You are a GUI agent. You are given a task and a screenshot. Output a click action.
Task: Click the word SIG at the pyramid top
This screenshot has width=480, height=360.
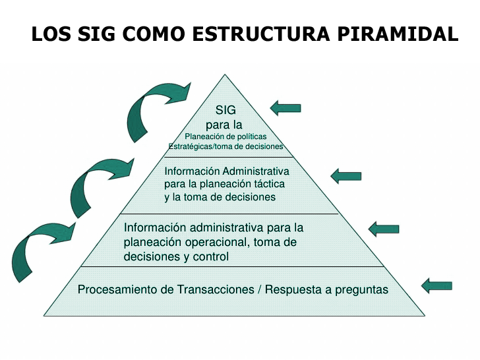pos(225,110)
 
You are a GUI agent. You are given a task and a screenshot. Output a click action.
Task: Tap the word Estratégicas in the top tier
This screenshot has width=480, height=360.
pos(189,146)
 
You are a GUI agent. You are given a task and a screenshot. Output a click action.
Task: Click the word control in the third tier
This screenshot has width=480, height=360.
pos(212,256)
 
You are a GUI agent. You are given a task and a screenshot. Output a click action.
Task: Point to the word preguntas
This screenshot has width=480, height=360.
pos(359,289)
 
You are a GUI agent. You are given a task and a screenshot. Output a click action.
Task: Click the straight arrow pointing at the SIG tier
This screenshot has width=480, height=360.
pos(285,107)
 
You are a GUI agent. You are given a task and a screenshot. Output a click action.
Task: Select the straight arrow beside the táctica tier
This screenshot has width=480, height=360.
pos(345,175)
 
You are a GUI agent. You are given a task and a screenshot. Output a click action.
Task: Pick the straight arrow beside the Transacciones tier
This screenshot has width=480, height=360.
pos(436,285)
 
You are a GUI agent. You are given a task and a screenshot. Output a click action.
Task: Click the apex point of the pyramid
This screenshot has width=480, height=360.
pos(225,74)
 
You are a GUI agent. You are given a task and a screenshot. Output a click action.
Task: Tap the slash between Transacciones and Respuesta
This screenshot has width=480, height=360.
pos(258,289)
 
